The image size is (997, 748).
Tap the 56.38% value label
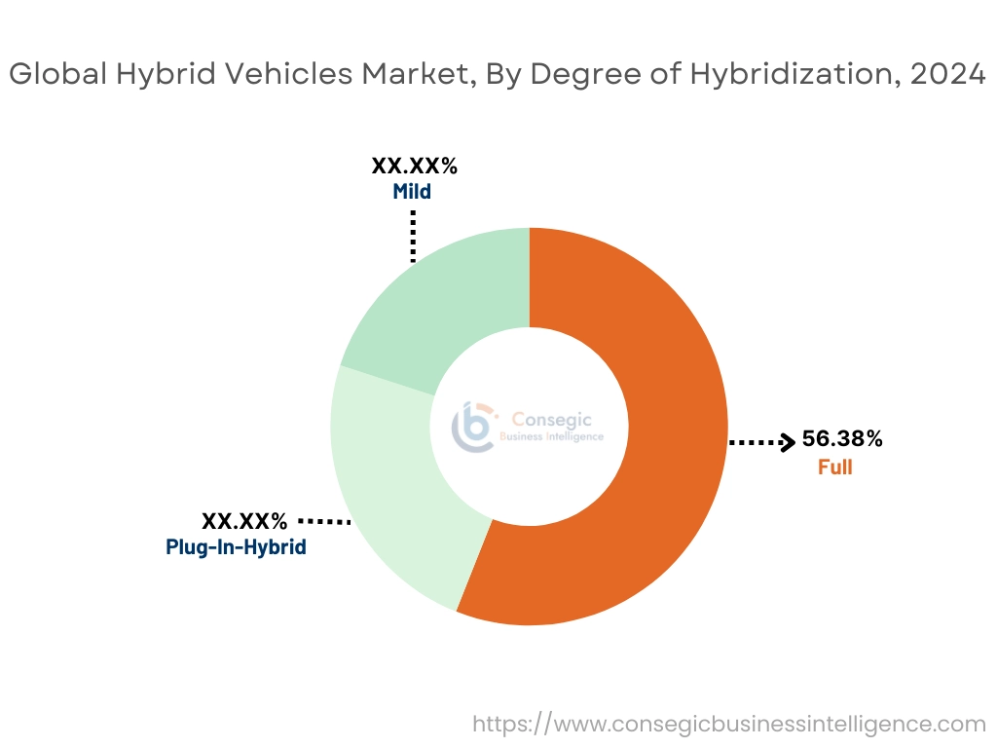point(842,439)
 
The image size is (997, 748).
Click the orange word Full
point(834,467)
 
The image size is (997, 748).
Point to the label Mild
point(412,192)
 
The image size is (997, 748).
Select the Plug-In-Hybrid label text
point(237,547)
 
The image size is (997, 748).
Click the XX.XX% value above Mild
point(414,167)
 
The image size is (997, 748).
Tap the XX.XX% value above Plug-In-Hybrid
point(244,521)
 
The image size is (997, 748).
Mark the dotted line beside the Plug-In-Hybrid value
point(324,522)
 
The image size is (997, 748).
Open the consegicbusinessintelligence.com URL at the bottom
point(729,724)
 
